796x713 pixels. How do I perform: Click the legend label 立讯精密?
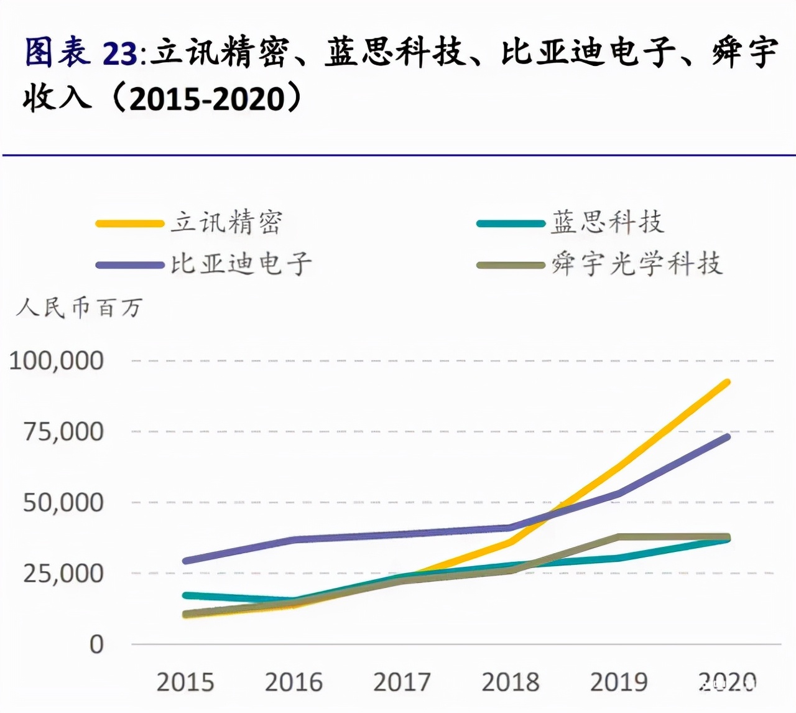(x=227, y=223)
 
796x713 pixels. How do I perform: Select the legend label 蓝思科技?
(x=608, y=222)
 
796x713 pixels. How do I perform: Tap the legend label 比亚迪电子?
(x=241, y=264)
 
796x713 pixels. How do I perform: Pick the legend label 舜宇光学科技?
(x=637, y=264)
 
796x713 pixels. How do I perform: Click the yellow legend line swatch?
(x=129, y=223)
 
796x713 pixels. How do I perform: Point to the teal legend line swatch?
(x=511, y=223)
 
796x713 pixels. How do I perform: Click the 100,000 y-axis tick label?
(x=57, y=361)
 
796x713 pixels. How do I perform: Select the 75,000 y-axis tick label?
(x=63, y=432)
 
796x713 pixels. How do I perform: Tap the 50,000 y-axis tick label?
(x=63, y=503)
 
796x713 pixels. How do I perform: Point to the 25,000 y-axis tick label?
(x=63, y=574)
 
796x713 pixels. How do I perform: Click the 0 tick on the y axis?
(x=96, y=645)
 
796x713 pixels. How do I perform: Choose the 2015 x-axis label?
(x=185, y=683)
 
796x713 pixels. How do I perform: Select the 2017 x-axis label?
(x=402, y=683)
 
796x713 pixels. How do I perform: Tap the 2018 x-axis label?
(x=511, y=683)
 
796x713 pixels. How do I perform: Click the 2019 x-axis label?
(x=619, y=683)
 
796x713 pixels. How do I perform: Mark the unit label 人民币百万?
(x=80, y=307)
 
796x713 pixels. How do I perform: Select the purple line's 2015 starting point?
(x=186, y=561)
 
